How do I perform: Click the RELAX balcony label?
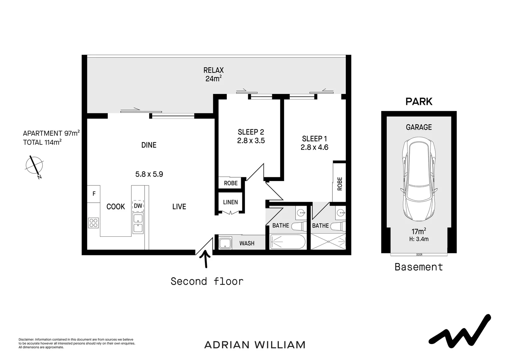click(214, 70)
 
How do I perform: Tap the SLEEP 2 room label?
click(251, 132)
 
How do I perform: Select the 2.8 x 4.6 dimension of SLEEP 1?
click(314, 147)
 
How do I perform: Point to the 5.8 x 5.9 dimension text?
click(149, 174)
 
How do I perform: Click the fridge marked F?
click(94, 194)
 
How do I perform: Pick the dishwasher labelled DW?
click(138, 206)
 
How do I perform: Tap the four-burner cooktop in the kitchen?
click(94, 222)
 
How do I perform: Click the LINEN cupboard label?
click(231, 202)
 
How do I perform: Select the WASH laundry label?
click(247, 243)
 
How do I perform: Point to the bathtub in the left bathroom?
click(287, 242)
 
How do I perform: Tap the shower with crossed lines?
click(328, 241)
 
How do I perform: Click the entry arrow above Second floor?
click(206, 259)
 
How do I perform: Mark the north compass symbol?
click(34, 166)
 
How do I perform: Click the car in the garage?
click(419, 180)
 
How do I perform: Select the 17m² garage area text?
click(419, 231)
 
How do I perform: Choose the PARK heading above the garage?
click(419, 102)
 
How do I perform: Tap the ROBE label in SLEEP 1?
click(340, 183)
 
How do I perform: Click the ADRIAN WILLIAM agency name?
click(255, 345)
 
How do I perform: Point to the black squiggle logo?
click(460, 330)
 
